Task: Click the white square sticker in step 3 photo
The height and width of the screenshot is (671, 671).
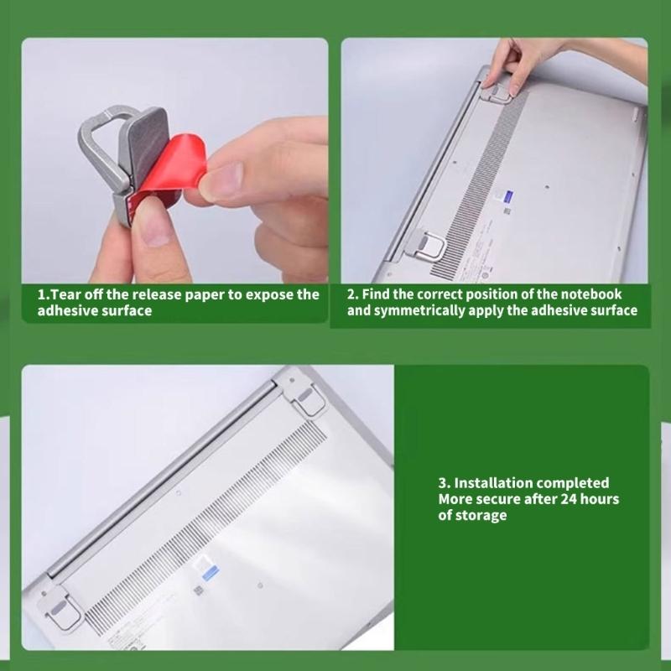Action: tap(205, 571)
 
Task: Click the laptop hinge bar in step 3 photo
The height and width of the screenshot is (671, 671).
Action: tap(159, 478)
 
